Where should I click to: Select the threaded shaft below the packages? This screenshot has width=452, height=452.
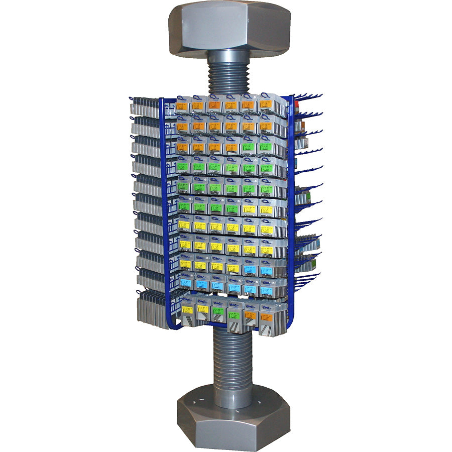pos(233,362)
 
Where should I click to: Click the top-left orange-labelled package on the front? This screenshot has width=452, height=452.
pos(183,105)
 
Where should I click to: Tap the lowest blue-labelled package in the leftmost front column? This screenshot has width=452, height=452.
pos(186,283)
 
